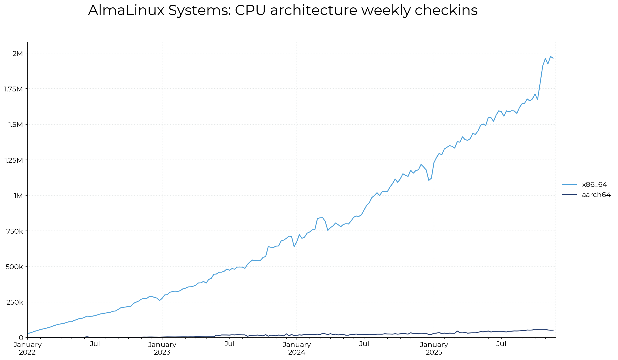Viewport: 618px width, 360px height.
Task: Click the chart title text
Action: [283, 11]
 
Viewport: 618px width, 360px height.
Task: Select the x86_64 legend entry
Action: [594, 185]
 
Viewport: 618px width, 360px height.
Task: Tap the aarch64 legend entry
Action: [596, 195]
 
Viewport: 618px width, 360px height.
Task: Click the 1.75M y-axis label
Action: [13, 89]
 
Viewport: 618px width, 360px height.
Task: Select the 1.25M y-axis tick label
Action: [13, 160]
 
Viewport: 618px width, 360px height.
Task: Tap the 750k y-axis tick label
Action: [15, 231]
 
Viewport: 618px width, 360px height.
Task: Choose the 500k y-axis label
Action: [15, 267]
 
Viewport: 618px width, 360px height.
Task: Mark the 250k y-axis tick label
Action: [15, 302]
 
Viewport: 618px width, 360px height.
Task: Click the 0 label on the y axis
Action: [21, 338]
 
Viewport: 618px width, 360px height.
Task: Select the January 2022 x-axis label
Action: [28, 348]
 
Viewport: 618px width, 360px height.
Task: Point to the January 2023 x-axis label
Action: [162, 348]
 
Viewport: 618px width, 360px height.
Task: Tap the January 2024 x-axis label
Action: [297, 348]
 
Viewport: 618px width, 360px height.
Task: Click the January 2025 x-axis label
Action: [434, 348]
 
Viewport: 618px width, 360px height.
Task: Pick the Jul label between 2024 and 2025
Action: [364, 344]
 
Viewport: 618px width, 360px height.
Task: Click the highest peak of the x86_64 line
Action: [550, 56]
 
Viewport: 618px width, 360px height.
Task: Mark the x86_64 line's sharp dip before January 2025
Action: [429, 180]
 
